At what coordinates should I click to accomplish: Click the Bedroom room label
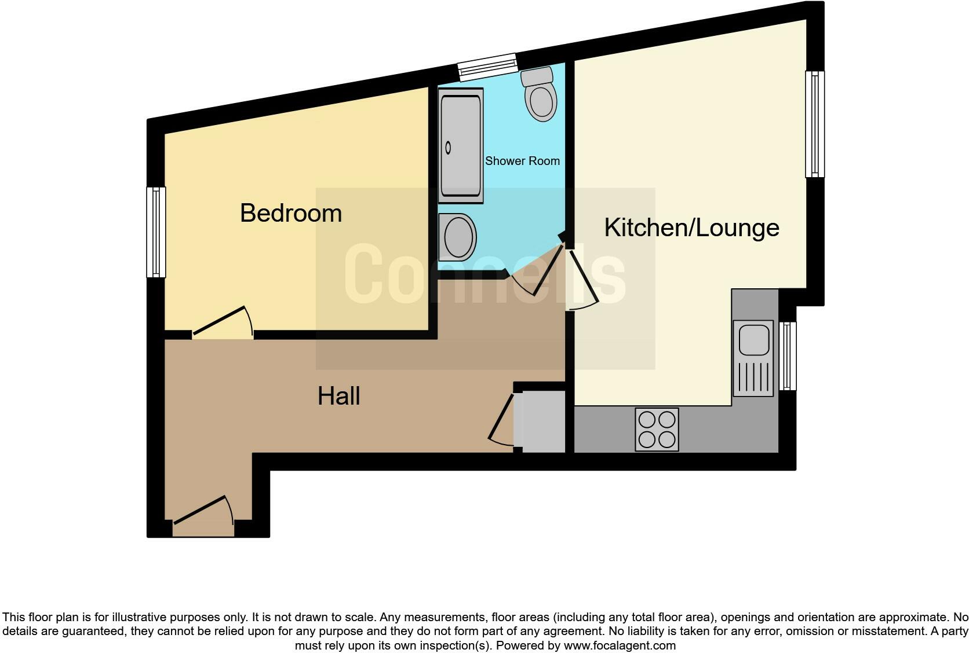click(x=290, y=213)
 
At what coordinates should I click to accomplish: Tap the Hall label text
click(x=338, y=396)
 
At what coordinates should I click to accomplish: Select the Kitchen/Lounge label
click(x=691, y=228)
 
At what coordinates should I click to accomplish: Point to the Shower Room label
click(x=522, y=161)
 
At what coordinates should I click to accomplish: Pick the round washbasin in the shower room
click(x=458, y=237)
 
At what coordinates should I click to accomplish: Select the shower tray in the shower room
click(x=461, y=145)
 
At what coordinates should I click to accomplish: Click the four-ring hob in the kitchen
click(x=657, y=430)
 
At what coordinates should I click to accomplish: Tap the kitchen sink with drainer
click(x=753, y=358)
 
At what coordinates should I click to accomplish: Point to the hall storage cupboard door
click(x=501, y=420)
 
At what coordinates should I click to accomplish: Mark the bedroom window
click(x=156, y=232)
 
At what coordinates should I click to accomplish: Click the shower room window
click(x=487, y=67)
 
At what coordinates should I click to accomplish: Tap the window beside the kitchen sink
click(x=788, y=356)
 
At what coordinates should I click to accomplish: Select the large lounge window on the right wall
click(x=814, y=124)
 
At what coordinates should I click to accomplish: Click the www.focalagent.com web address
click(x=619, y=645)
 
